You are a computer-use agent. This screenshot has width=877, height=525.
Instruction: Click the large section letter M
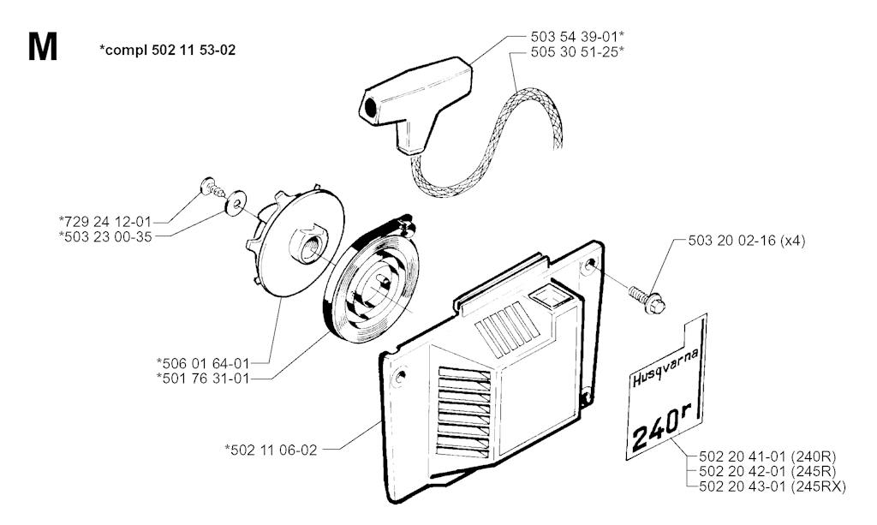(x=42, y=48)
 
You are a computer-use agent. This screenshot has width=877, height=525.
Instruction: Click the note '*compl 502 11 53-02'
(x=168, y=51)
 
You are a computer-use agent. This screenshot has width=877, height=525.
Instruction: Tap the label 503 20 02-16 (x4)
(x=746, y=242)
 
